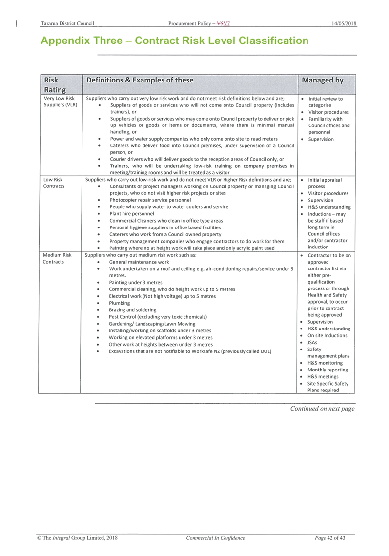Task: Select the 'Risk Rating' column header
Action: coord(55,85)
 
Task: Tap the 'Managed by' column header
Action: coord(322,81)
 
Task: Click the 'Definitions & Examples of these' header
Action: coord(140,80)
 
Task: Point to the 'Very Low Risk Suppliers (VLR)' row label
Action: coord(60,102)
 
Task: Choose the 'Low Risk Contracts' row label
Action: coord(54,183)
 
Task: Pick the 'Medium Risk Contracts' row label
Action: coord(57,258)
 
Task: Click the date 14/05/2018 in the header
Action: coord(344,24)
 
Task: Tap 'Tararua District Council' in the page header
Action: coord(67,24)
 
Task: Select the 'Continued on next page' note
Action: coord(322,409)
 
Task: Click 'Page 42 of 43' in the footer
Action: coord(330,538)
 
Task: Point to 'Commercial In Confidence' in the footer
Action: coord(216,538)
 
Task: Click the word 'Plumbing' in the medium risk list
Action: coord(119,303)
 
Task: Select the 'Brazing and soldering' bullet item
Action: coord(132,310)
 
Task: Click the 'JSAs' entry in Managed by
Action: coord(312,343)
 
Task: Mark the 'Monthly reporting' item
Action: coord(328,370)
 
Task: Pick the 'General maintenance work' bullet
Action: coord(139,262)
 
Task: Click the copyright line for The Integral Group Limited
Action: coord(77,538)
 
